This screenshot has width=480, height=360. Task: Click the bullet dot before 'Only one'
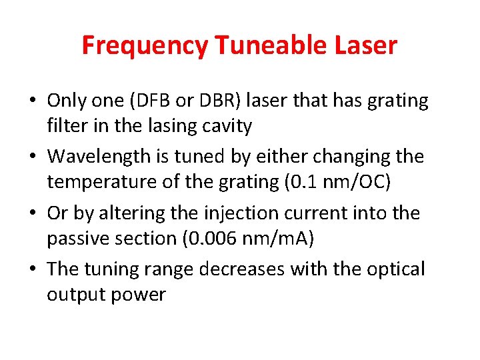(x=33, y=101)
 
